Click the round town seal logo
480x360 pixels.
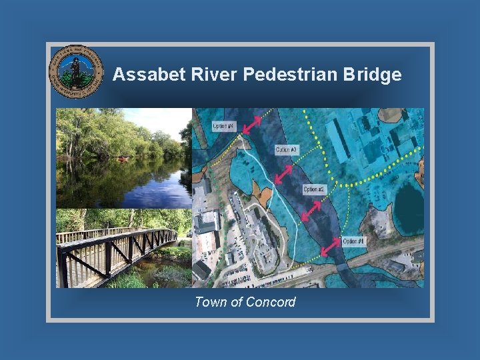coord(76,72)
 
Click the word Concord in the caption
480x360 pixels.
coord(270,302)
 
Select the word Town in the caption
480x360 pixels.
coord(209,302)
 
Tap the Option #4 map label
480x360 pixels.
coord(223,126)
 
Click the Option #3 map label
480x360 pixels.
coord(286,149)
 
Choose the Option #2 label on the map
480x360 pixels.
coord(313,189)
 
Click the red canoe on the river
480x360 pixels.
coord(122,160)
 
